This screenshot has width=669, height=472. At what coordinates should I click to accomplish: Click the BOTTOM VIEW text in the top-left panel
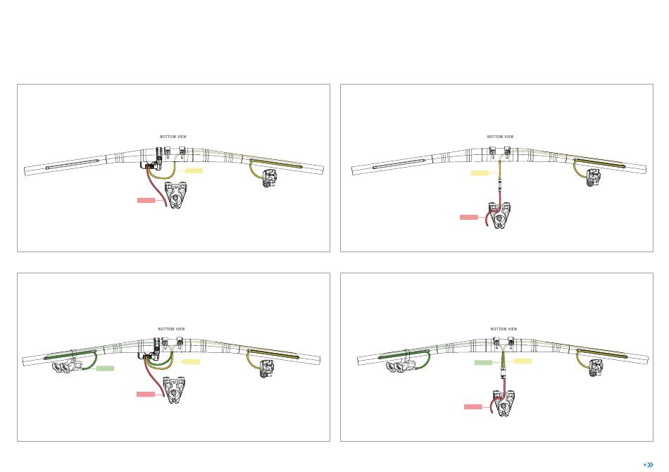173,137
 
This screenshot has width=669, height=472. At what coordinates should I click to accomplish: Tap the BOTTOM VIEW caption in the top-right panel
501,137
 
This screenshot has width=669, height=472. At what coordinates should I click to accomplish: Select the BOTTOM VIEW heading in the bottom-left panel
172,329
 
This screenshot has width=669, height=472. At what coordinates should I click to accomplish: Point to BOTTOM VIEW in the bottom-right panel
504,329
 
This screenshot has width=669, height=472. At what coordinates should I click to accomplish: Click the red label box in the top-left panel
146,200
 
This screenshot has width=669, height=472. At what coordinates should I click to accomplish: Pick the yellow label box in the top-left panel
194,170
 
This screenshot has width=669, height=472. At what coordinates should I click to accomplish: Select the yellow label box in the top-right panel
480,173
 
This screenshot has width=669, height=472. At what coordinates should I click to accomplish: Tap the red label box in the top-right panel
469,217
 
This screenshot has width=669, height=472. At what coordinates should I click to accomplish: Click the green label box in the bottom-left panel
106,368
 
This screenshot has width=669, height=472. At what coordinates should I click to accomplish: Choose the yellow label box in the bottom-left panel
191,362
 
